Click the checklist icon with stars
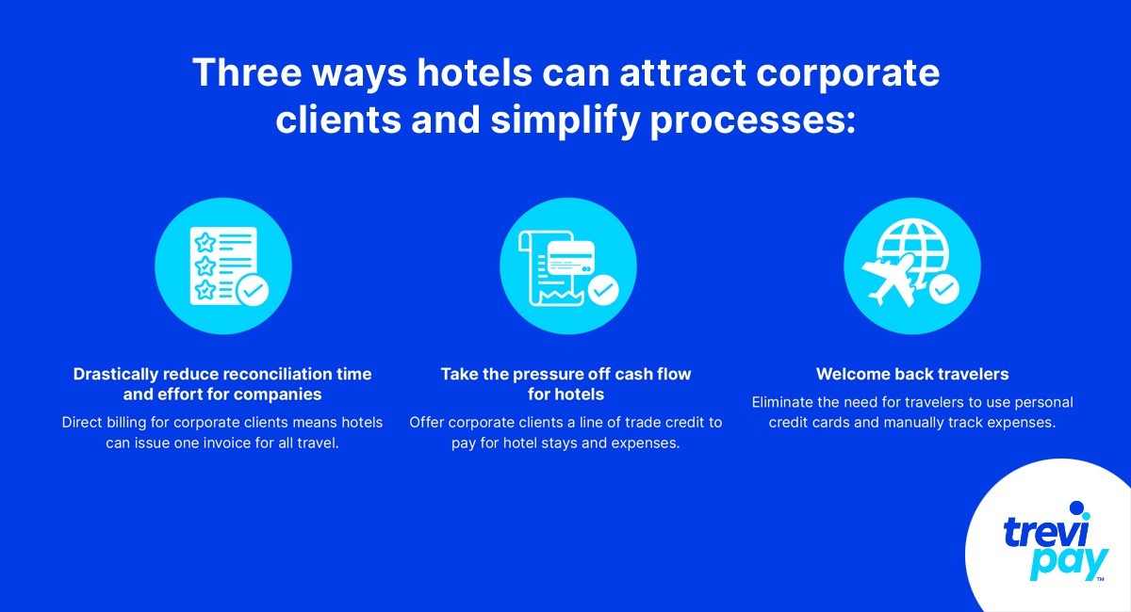[223, 266]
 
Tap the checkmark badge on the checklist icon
[252, 291]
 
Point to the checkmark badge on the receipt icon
[602, 290]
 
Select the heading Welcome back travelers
[912, 374]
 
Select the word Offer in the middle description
[428, 422]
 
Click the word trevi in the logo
[1043, 532]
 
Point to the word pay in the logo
[1069, 562]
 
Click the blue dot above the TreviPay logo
[1076, 508]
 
